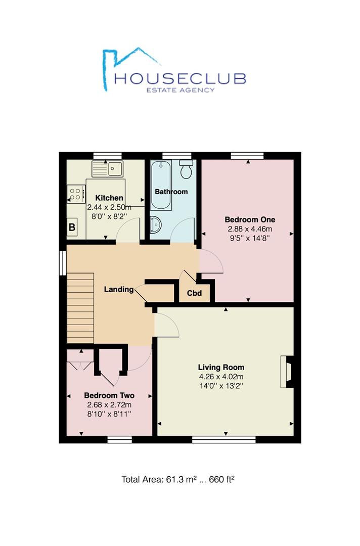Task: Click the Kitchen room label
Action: (x=109, y=198)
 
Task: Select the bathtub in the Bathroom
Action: (x=161, y=185)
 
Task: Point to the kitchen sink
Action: (x=107, y=169)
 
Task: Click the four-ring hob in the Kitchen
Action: (x=76, y=194)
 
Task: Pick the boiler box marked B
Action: (x=72, y=227)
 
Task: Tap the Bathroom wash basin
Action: (x=155, y=224)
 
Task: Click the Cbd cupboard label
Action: (x=194, y=293)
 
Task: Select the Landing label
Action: (x=119, y=289)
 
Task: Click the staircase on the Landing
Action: (x=80, y=308)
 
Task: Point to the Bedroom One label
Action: (x=250, y=220)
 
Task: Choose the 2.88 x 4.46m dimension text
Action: (x=250, y=229)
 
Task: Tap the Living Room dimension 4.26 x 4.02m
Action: (x=221, y=377)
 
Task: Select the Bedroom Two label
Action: (x=109, y=395)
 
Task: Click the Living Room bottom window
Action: (x=224, y=439)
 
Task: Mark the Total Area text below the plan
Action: (x=177, y=479)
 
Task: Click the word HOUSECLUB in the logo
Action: (x=181, y=78)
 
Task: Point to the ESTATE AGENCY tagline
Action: (x=181, y=90)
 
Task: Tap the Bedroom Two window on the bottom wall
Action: (x=120, y=439)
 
